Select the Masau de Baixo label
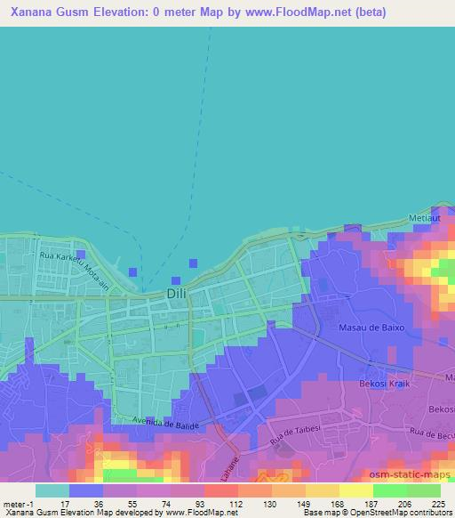372,328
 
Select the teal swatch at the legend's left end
52,490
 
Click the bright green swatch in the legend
390,490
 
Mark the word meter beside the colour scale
13,503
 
